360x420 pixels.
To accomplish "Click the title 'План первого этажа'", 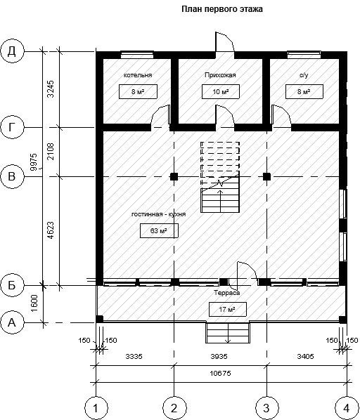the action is point(222,9).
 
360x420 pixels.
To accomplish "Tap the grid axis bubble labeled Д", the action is point(12,51).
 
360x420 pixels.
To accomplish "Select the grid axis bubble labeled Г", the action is point(12,127).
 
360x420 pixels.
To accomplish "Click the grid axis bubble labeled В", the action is point(12,177).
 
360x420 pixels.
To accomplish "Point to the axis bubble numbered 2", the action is point(174,408).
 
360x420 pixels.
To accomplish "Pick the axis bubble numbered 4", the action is point(347,408).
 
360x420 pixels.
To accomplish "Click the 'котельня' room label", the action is point(138,75).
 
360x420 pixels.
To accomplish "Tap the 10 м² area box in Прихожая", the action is point(221,92).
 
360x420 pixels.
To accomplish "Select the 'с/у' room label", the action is point(304,75).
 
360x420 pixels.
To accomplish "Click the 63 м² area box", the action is point(159,231).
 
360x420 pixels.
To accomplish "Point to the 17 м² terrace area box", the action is point(227,309).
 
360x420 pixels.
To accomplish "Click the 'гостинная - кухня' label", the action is point(159,214).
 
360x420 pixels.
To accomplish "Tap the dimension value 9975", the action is point(34,162).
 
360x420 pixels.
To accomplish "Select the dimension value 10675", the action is point(220,373).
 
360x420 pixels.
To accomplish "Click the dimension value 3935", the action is point(219,356).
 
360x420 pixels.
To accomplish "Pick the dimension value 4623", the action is point(51,230).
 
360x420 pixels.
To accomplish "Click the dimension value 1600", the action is point(34,303).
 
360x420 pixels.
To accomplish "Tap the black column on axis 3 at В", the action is point(266,177).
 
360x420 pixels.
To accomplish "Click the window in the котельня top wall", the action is point(137,55).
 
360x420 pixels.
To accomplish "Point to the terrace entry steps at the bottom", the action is point(228,333).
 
